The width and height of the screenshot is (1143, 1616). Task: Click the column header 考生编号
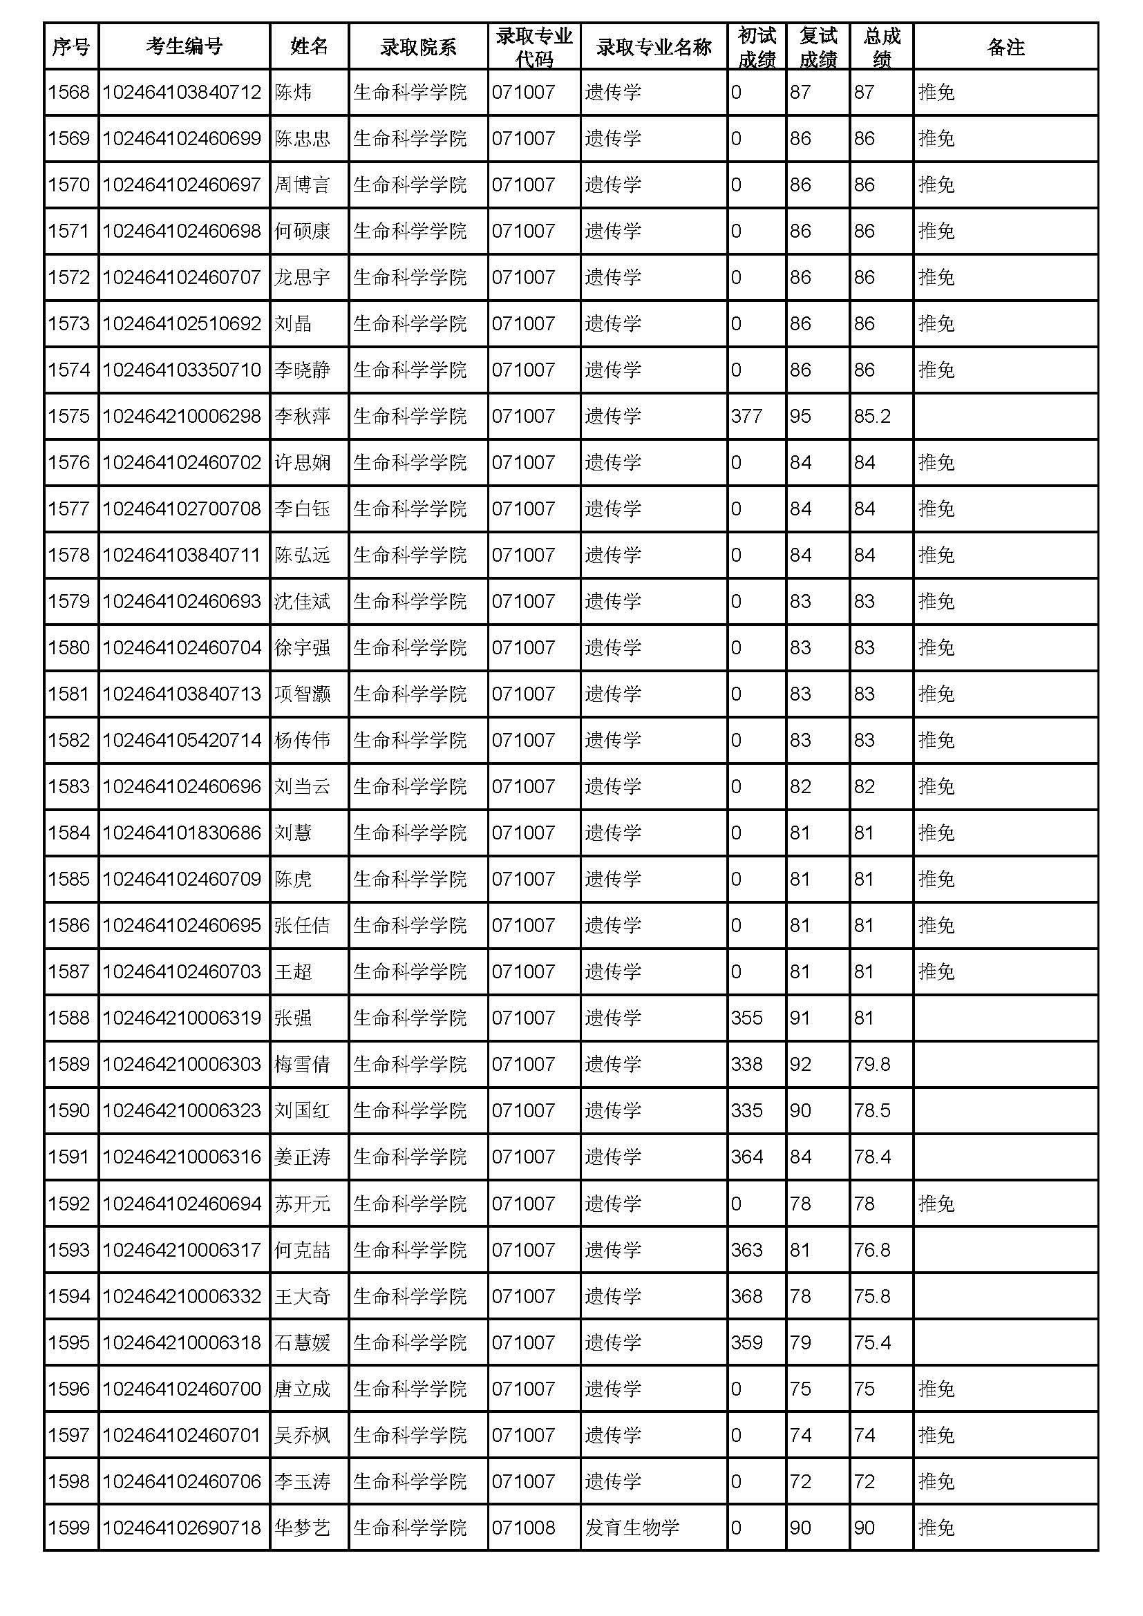[184, 46]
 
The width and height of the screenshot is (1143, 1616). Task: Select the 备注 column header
[1005, 46]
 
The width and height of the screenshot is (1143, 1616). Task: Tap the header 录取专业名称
[653, 46]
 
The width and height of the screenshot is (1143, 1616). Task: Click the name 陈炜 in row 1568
[293, 92]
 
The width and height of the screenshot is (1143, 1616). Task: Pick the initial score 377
[746, 416]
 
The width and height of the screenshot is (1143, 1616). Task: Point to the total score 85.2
[872, 416]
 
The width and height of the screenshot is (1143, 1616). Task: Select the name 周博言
[302, 184]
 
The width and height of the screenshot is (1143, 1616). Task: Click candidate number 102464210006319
[182, 1018]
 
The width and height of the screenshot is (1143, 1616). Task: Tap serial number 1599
[69, 1528]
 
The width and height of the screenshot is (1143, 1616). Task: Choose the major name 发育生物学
[632, 1528]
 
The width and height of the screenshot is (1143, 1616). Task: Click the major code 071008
[524, 1528]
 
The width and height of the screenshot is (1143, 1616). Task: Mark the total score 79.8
[872, 1064]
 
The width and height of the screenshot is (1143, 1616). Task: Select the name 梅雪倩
[302, 1064]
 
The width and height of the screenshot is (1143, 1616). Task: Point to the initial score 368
[746, 1296]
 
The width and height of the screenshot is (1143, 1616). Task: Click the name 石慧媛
[302, 1343]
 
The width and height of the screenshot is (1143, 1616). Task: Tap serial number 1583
[69, 786]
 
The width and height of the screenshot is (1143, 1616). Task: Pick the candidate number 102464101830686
[182, 833]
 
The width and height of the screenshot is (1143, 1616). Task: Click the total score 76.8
[872, 1250]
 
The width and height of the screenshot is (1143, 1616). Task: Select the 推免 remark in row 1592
[936, 1204]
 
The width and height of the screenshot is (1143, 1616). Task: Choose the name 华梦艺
[302, 1528]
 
